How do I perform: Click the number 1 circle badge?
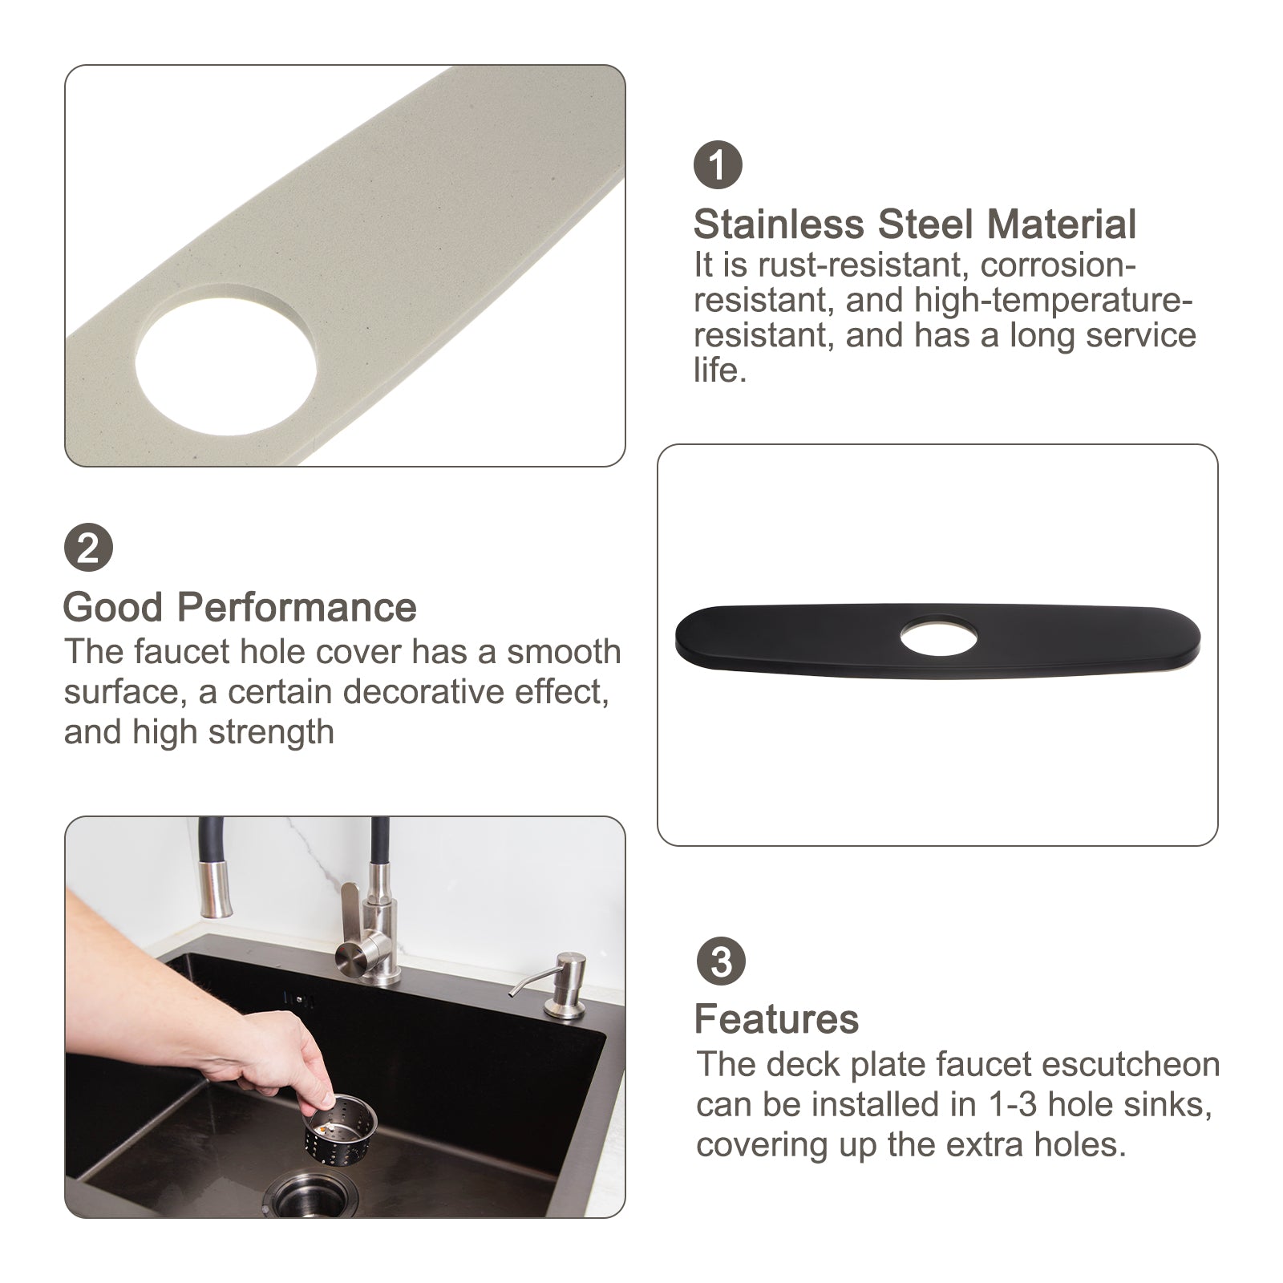pos(718,164)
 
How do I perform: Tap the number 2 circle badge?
pos(88,548)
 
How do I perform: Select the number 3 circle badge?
pos(721,961)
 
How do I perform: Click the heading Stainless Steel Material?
pos(915,224)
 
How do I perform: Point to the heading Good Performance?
pos(240,607)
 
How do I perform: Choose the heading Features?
pos(776,1019)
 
